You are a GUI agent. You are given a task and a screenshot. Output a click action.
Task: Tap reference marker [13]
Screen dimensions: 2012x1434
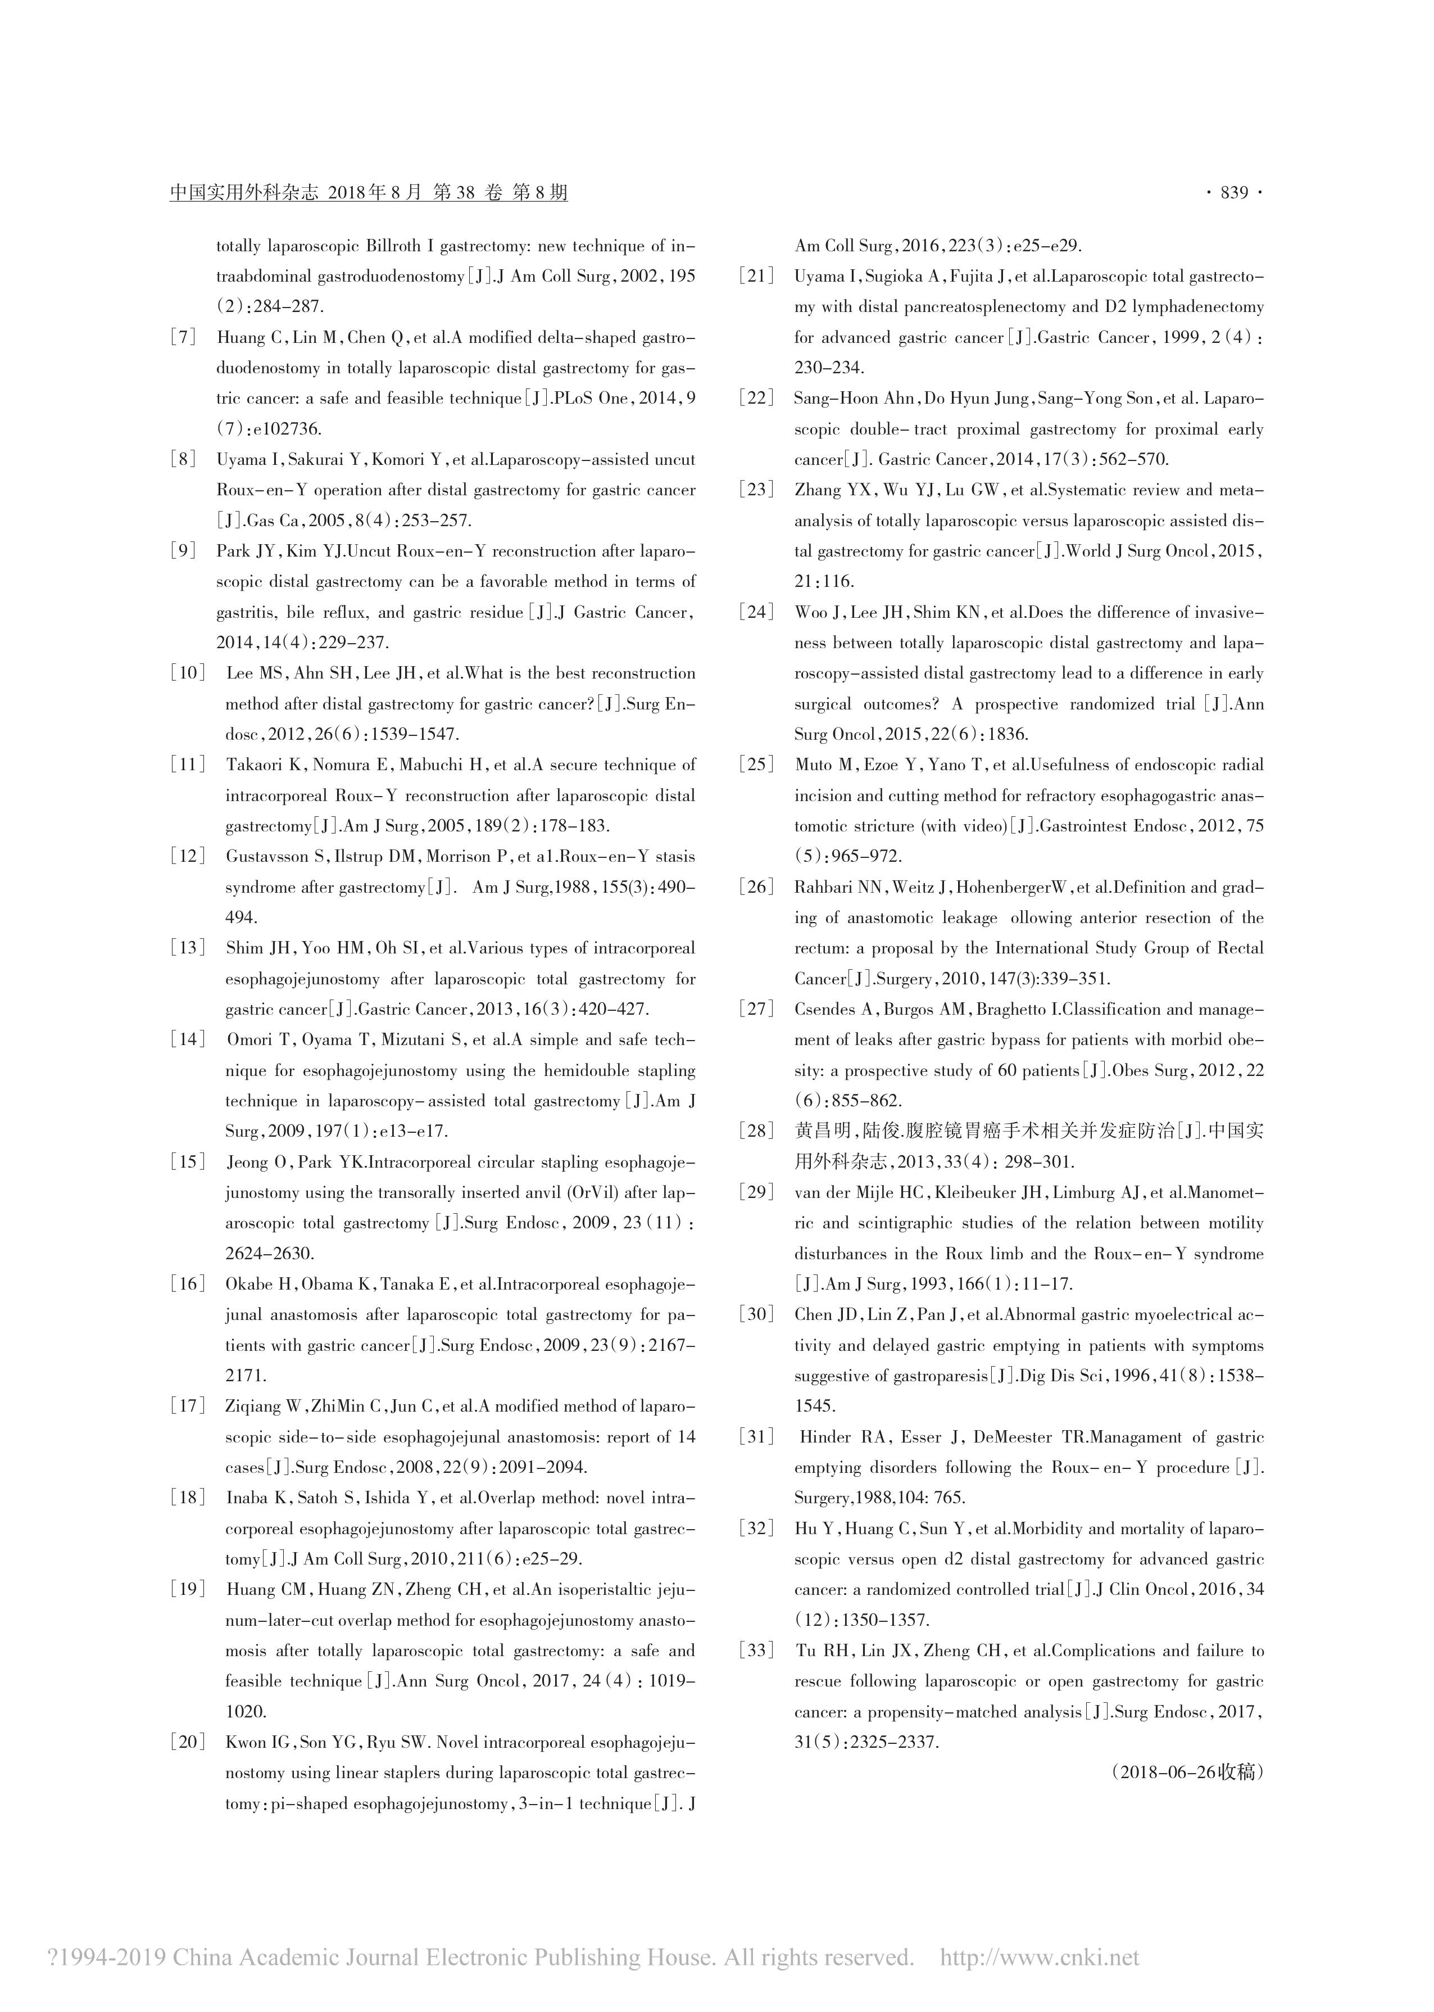pyautogui.click(x=187, y=948)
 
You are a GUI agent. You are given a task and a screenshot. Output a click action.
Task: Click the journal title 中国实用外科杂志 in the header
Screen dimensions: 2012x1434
pyautogui.click(x=244, y=193)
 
